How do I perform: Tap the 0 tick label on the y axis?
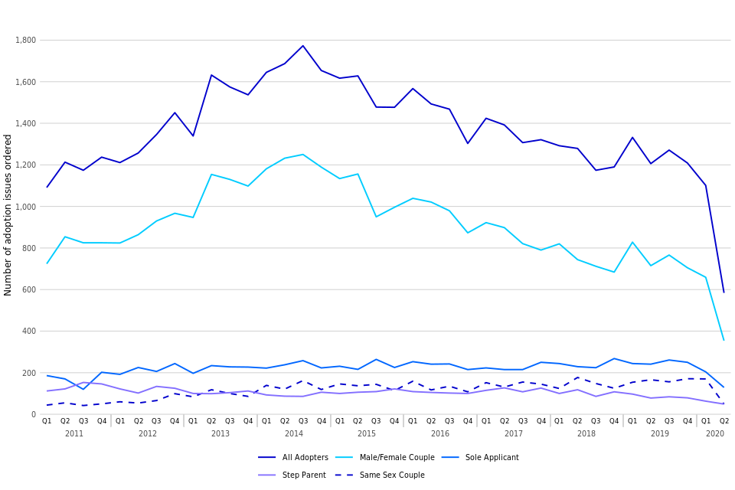tap(34, 414)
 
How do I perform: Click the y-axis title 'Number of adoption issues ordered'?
tap(8, 215)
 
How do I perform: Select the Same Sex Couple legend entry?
tap(381, 475)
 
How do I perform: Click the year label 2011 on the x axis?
tap(74, 434)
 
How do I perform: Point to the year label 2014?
tap(294, 434)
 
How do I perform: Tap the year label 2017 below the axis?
tap(514, 434)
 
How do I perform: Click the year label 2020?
tap(715, 434)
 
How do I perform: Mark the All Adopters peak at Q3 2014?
tap(303, 46)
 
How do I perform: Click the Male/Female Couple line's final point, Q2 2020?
tap(724, 340)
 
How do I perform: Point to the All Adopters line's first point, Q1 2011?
tap(47, 187)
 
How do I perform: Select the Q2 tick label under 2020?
tap(724, 421)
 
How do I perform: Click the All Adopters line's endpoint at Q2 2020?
tap(724, 292)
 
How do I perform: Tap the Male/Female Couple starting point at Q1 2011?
tap(47, 263)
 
